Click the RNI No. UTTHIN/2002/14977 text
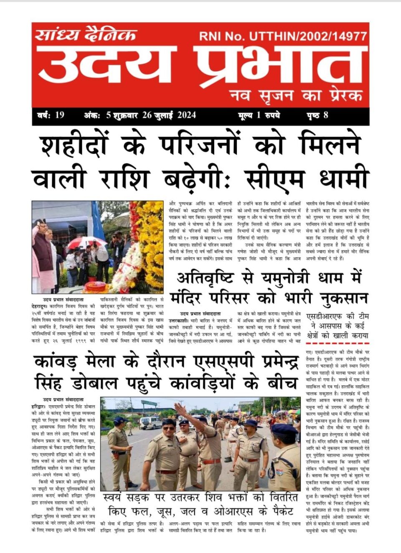(283, 36)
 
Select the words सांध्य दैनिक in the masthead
(86, 35)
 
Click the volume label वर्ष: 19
(49, 115)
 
